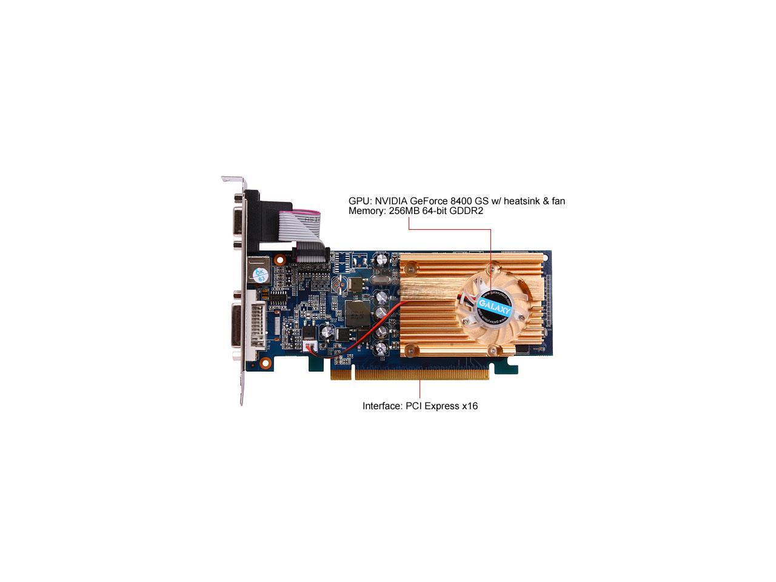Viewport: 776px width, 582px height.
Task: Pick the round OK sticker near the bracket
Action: coord(259,275)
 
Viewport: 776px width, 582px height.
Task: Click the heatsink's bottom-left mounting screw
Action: coord(412,349)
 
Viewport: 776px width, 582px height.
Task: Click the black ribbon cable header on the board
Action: coord(309,255)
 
